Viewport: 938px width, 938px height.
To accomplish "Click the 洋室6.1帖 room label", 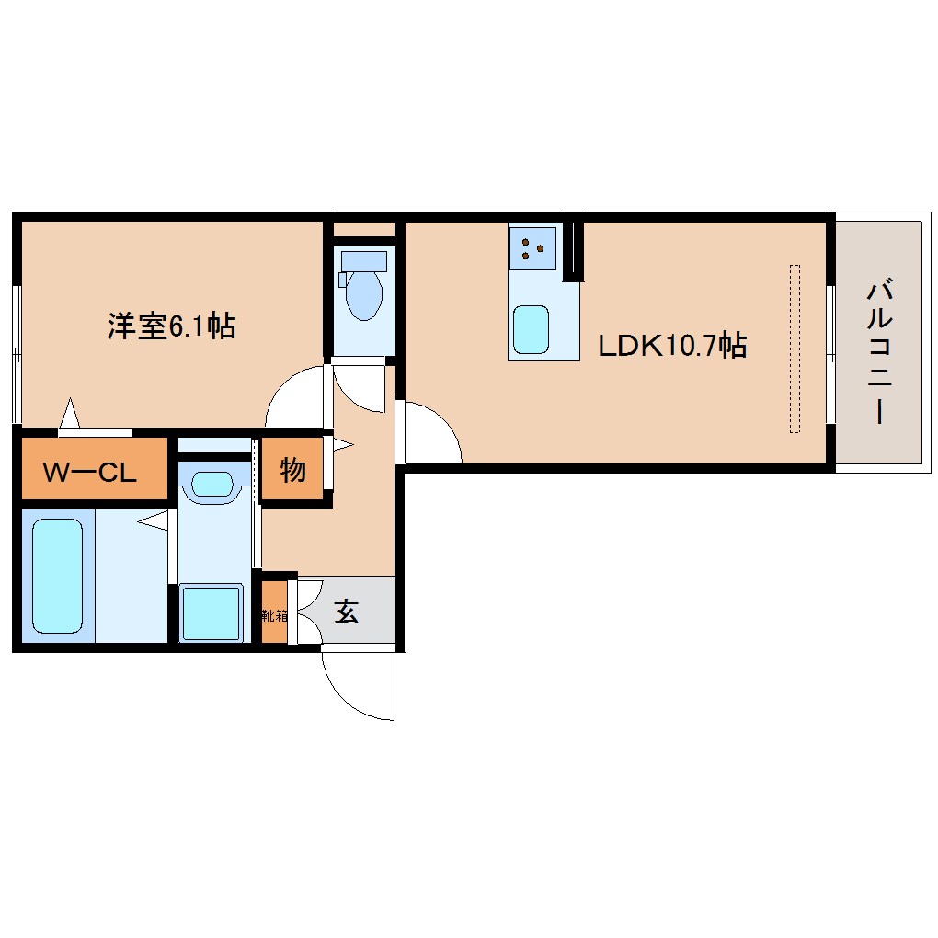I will coord(171,326).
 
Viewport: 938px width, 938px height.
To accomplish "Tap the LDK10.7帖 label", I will coord(671,346).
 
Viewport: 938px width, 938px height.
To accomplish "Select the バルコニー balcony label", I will coord(877,354).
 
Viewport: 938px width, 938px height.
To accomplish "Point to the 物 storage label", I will coord(292,471).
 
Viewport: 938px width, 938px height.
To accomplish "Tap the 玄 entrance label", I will coord(346,612).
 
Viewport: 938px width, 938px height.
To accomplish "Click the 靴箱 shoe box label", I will coord(274,613).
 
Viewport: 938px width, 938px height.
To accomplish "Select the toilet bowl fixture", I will coord(363,289).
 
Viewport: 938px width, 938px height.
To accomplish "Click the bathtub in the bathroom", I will coord(58,576).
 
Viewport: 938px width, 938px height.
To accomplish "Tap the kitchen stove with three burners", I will coord(532,246).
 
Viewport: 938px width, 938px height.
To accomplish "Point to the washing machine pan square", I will coord(212,612).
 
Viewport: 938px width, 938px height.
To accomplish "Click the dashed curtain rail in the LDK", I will coord(795,349).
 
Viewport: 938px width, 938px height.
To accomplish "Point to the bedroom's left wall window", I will coord(17,353).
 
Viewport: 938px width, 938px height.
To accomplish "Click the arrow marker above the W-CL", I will coord(70,413).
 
